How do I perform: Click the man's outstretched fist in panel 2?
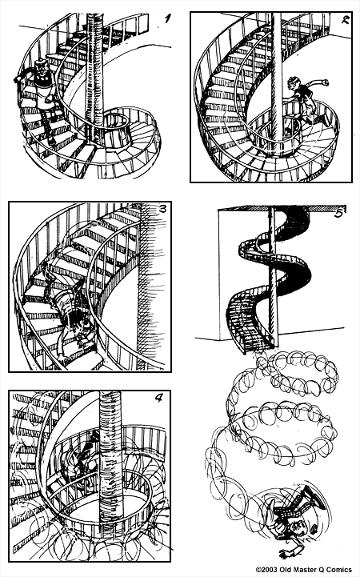pos(326,82)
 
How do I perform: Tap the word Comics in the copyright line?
pos(337,570)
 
